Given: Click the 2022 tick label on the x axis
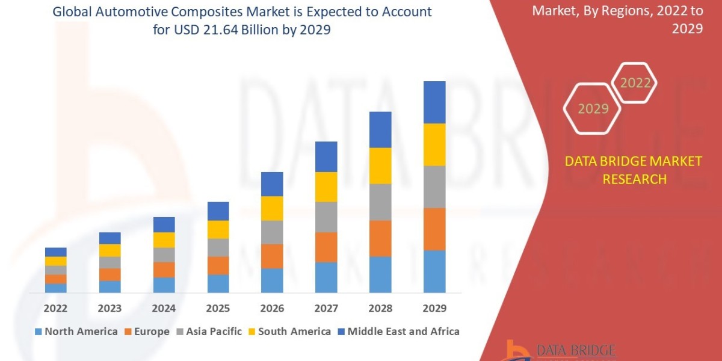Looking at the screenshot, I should pyautogui.click(x=55, y=309).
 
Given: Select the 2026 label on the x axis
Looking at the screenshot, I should pyautogui.click(x=272, y=309).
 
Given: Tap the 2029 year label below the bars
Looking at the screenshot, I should pyautogui.click(x=434, y=309).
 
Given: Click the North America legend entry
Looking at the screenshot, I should pyautogui.click(x=76, y=332).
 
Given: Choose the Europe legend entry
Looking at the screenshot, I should pyautogui.click(x=147, y=332).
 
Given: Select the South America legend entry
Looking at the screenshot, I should pyautogui.click(x=289, y=332).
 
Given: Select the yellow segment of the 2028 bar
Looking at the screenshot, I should pyautogui.click(x=380, y=165).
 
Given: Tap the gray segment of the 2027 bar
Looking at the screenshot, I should pyautogui.click(x=326, y=217).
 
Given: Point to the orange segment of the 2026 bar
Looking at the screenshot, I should pyautogui.click(x=272, y=256).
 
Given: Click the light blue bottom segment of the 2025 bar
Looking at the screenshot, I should pyautogui.click(x=218, y=283).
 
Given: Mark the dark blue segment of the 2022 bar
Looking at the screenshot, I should pyautogui.click(x=55, y=251).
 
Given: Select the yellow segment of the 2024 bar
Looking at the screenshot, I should pyautogui.click(x=164, y=239).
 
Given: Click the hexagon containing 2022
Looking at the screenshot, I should pyautogui.click(x=634, y=83).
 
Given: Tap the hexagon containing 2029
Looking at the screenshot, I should pyautogui.click(x=592, y=109).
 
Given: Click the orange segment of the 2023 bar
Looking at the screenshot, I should pyautogui.click(x=110, y=274).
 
